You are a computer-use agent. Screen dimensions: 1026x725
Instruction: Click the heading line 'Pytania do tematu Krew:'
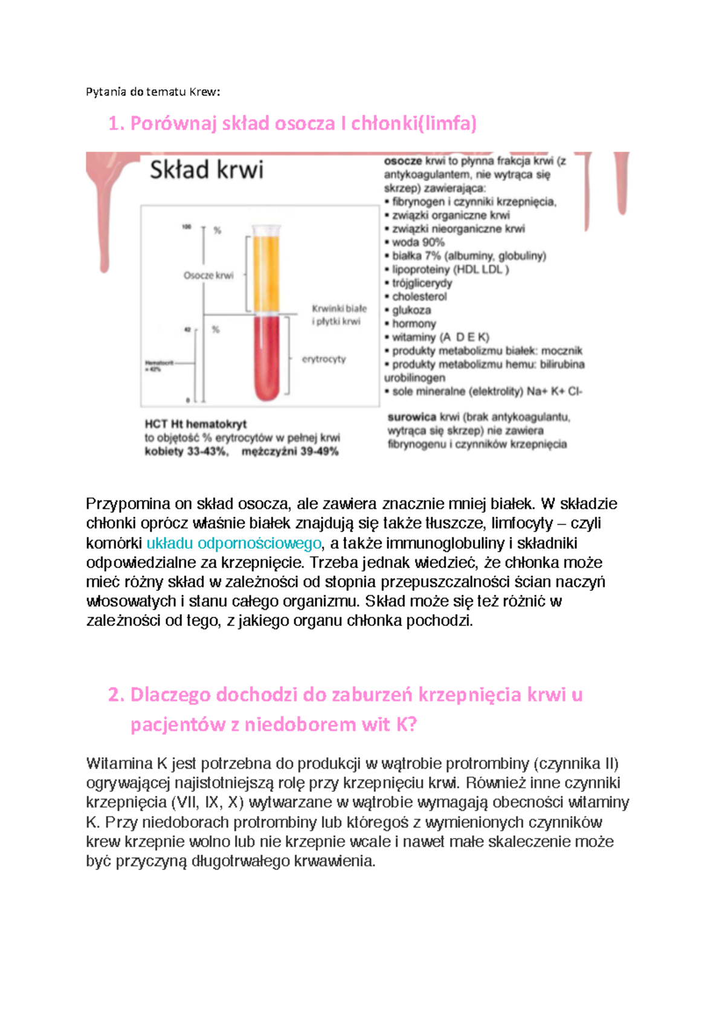pos(153,92)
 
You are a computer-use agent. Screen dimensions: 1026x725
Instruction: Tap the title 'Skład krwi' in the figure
pos(207,170)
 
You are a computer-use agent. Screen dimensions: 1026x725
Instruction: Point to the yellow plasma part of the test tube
pos(266,272)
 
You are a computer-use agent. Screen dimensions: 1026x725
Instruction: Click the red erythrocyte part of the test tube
pos(266,357)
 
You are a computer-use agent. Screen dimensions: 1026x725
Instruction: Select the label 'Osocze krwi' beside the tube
pos(208,276)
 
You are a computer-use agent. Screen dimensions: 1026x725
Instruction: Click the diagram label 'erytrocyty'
pos(324,359)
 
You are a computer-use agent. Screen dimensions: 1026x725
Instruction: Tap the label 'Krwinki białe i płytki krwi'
pos(338,315)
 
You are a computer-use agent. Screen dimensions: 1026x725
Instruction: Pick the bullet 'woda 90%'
pos(418,242)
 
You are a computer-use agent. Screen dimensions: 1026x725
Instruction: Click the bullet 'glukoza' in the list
pos(411,310)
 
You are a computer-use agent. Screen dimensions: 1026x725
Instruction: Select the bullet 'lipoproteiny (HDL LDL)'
pos(450,269)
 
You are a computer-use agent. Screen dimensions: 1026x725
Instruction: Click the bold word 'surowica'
pos(411,417)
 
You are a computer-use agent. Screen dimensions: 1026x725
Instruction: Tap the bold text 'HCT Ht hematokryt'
pos(196,424)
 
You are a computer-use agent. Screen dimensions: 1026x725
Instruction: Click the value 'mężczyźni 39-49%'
pos(290,451)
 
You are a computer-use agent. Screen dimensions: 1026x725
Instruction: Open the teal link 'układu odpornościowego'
pos(234,543)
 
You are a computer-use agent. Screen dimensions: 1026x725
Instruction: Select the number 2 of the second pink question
pos(115,695)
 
